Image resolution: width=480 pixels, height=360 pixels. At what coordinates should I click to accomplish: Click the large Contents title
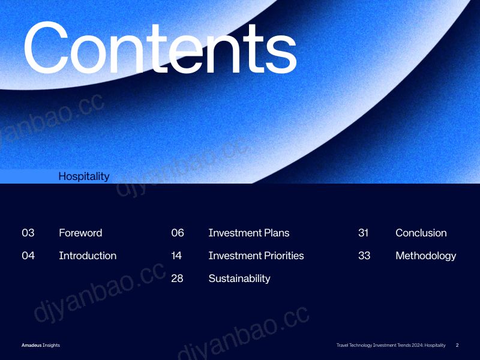pyautogui.click(x=160, y=48)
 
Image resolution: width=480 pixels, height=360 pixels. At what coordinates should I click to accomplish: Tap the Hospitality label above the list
pyautogui.click(x=84, y=176)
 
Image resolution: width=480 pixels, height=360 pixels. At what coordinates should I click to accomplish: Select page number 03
pyautogui.click(x=28, y=233)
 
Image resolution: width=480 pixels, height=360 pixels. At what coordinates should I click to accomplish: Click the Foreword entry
pyautogui.click(x=80, y=233)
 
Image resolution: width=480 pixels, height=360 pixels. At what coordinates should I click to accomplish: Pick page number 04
pyautogui.click(x=28, y=256)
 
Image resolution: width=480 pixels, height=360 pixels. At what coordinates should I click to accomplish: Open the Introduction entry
pyautogui.click(x=88, y=256)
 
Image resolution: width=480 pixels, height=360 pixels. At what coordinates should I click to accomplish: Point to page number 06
pyautogui.click(x=178, y=233)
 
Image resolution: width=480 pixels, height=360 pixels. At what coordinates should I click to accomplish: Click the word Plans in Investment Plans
pyautogui.click(x=277, y=233)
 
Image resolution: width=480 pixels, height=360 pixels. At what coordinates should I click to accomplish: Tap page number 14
pyautogui.click(x=176, y=256)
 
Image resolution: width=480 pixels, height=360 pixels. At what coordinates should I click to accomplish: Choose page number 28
pyautogui.click(x=177, y=278)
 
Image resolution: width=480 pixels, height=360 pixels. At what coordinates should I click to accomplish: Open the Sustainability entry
pyautogui.click(x=239, y=278)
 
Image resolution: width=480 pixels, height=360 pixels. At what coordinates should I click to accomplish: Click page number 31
pyautogui.click(x=364, y=233)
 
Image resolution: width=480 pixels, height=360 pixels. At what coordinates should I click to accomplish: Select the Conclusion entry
pyautogui.click(x=421, y=233)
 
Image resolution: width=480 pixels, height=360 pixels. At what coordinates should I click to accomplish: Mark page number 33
pyautogui.click(x=364, y=256)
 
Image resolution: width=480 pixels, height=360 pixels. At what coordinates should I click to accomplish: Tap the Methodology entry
pyautogui.click(x=426, y=256)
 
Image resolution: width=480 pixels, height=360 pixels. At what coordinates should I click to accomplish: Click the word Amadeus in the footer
pyautogui.click(x=32, y=345)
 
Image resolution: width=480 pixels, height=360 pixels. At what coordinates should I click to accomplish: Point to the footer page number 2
pyautogui.click(x=457, y=345)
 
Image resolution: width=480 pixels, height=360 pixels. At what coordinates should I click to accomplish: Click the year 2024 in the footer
pyautogui.click(x=418, y=345)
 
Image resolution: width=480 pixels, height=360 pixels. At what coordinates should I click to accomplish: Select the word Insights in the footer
pyautogui.click(x=52, y=346)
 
